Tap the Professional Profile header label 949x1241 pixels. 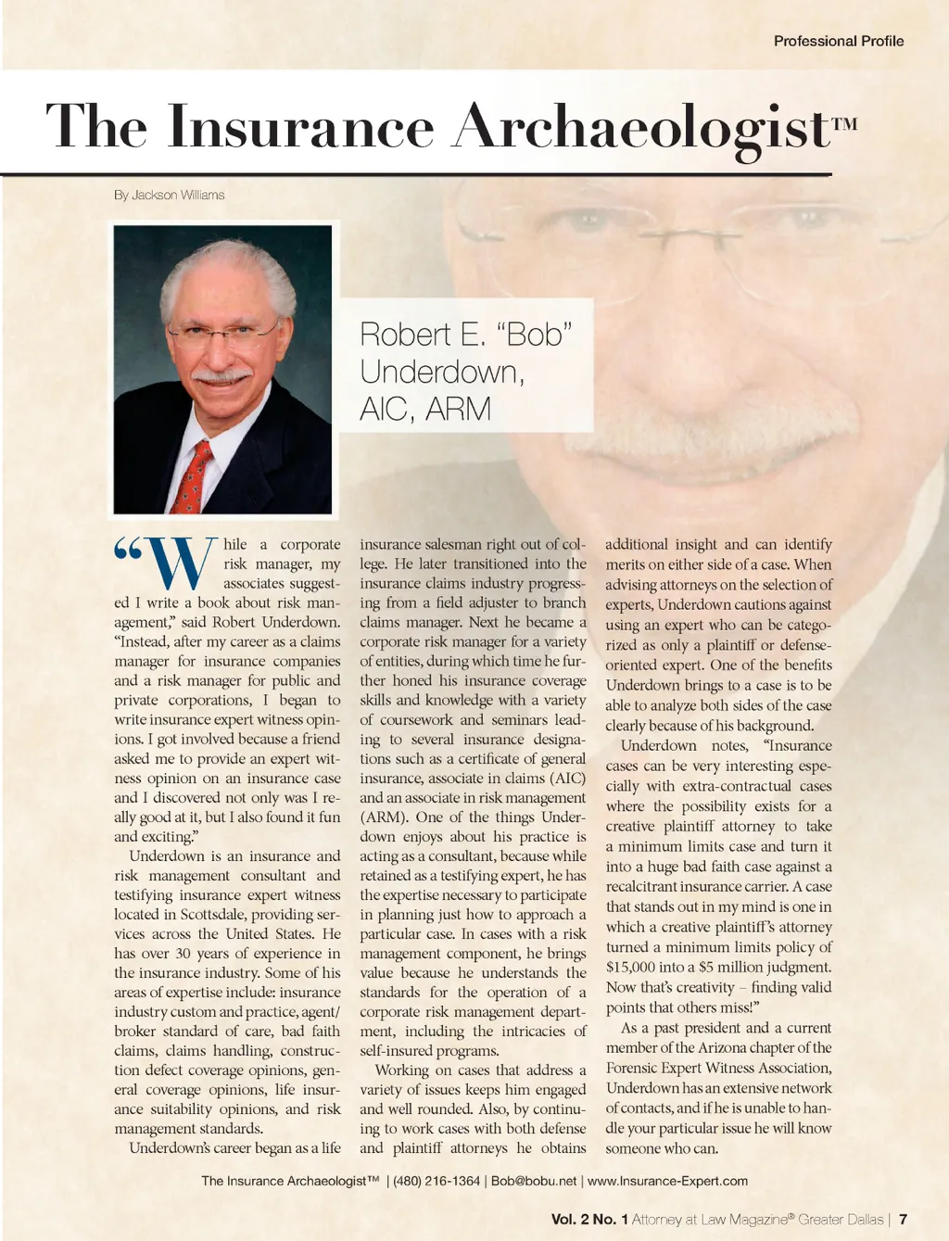(838, 41)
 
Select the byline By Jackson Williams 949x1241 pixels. (169, 195)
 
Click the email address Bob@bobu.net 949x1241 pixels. (533, 1181)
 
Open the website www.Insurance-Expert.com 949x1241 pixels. (667, 1181)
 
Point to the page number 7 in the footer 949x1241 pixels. (903, 1219)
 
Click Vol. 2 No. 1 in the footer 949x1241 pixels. (589, 1219)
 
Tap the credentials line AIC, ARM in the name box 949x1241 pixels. (424, 409)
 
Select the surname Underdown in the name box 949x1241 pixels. (441, 372)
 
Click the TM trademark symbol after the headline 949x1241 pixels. (844, 123)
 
